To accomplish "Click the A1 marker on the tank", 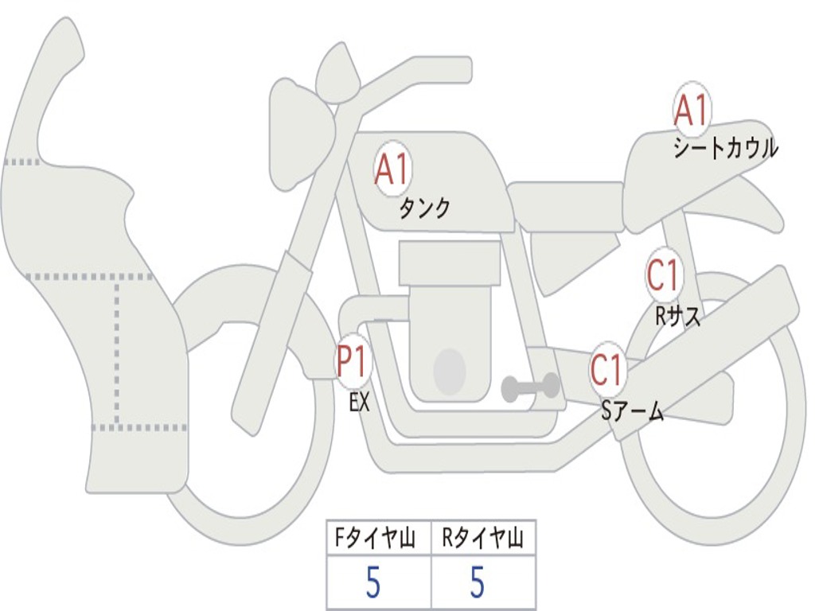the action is point(392,170).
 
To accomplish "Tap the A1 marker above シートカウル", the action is point(691,111).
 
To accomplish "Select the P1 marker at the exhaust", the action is point(353,363).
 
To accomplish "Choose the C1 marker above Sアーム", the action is point(607,370).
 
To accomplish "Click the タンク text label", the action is point(424,208).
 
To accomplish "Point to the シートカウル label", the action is point(725,149).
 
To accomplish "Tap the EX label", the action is point(360,403).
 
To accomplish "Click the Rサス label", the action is point(678,317).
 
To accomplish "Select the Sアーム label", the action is point(632,411).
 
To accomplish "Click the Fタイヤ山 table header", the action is point(378,540).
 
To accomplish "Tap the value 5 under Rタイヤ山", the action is point(477,583).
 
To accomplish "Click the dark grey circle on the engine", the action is point(449,370).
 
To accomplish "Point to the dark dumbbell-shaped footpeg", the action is point(530,387).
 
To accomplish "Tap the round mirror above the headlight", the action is point(337,73).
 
